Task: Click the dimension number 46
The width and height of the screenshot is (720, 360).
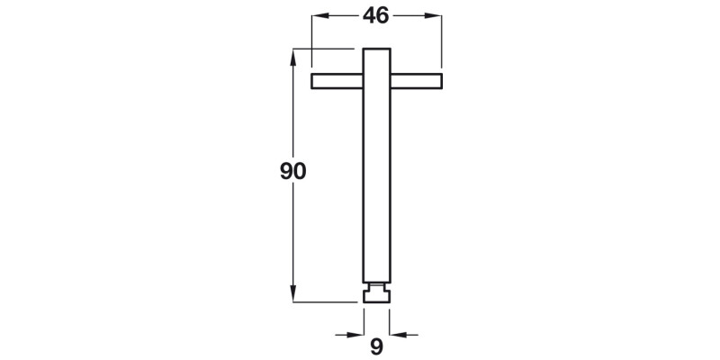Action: [376, 15]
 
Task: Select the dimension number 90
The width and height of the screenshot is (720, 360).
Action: [293, 171]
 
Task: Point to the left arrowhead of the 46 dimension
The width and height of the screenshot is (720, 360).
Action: [317, 16]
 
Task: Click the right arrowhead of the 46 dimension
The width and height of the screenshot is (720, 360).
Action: [435, 16]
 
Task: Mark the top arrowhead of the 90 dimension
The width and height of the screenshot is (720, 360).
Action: [293, 55]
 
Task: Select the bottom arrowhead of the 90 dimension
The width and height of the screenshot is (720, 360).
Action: [293, 294]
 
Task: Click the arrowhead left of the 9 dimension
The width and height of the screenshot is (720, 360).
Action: [357, 334]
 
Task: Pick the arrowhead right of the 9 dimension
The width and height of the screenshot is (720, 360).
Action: [397, 334]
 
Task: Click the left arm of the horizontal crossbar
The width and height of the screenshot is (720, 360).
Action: [337, 81]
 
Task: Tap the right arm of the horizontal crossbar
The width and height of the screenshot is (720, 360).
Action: [416, 81]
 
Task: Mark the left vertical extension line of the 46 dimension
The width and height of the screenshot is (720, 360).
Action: [310, 45]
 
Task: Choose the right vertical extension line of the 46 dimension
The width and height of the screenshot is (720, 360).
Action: [441, 45]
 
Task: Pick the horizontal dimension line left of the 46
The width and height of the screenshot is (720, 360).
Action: [342, 16]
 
